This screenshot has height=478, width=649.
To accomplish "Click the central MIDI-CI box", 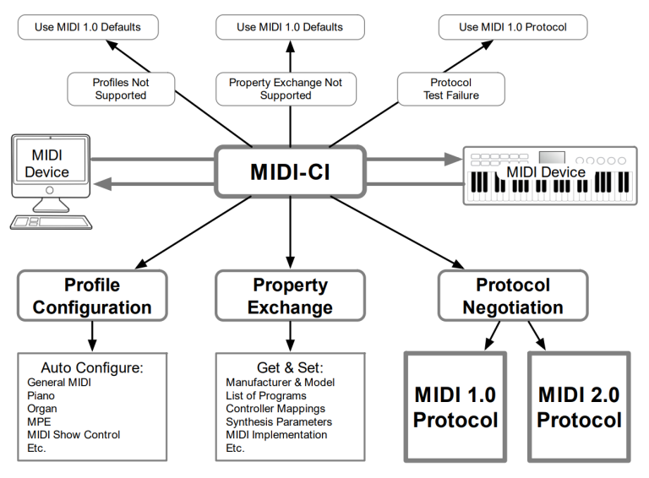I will tap(290, 172).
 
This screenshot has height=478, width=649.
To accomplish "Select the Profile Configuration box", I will tap(92, 296).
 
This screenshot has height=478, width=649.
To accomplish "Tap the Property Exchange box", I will tap(290, 296).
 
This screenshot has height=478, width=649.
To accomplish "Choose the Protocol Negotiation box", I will tap(512, 296).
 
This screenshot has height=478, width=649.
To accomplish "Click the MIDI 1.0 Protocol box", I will tap(455, 407).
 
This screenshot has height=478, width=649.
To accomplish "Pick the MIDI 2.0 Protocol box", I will tap(579, 407).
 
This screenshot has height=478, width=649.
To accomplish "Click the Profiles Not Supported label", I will tap(119, 89).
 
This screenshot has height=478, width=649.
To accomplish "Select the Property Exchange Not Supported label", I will tap(286, 89).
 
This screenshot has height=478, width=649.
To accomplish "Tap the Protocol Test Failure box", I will tap(450, 89).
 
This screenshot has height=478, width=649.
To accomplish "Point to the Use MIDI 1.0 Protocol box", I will tap(512, 27).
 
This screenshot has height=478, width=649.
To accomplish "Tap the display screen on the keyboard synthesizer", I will tap(551, 158).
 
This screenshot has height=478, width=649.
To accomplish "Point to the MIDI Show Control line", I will tap(74, 434).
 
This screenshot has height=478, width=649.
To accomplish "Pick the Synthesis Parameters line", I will tap(279, 421).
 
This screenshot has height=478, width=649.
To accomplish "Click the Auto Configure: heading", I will tap(92, 367).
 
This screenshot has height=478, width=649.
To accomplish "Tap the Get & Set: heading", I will tap(290, 367).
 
